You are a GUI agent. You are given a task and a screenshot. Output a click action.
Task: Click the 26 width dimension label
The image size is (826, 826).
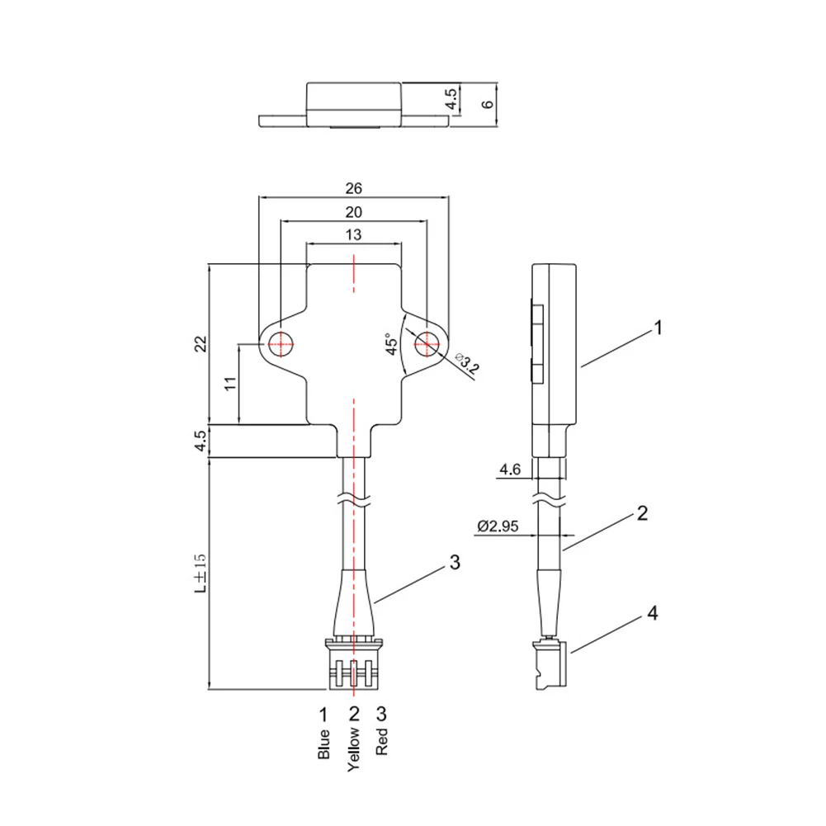[353, 188]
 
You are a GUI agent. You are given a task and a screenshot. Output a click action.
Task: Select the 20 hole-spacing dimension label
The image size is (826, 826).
[353, 212]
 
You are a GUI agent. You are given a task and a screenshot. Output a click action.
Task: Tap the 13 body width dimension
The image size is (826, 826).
[353, 234]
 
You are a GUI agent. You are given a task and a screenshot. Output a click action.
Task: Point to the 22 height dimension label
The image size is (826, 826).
[201, 344]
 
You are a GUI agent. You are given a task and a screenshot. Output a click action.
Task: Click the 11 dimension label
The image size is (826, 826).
[231, 383]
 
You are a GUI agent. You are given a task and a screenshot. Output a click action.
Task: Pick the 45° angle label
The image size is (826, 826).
[391, 344]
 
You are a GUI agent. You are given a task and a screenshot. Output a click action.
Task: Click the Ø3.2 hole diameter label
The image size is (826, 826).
[467, 363]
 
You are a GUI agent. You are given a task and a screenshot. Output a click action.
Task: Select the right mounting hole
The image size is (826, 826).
[427, 344]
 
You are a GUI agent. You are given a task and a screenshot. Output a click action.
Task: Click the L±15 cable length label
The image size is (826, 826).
[201, 573]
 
